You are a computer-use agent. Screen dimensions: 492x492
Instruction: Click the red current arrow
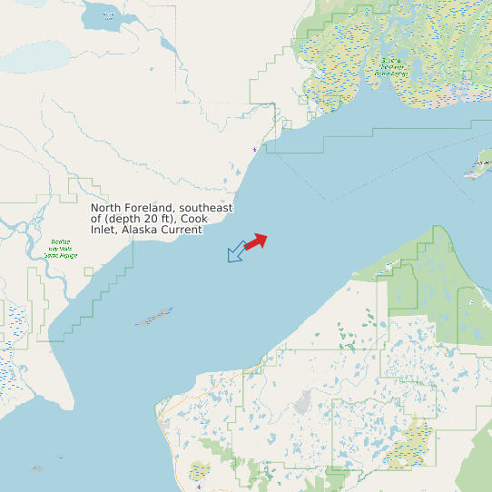[x=256, y=241]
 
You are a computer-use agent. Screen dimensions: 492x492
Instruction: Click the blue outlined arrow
[x=236, y=251]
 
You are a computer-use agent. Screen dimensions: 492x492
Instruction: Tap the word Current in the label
[x=182, y=231]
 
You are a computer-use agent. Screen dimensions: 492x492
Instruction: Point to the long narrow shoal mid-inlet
[x=154, y=317]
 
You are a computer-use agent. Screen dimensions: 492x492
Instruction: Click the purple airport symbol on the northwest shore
[x=254, y=148]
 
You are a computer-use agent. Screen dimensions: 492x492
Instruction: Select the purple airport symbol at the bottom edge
[x=199, y=487]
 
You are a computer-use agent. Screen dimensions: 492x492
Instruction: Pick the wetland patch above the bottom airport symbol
[x=200, y=470]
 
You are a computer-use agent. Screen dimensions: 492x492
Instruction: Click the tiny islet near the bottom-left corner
[x=37, y=468]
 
